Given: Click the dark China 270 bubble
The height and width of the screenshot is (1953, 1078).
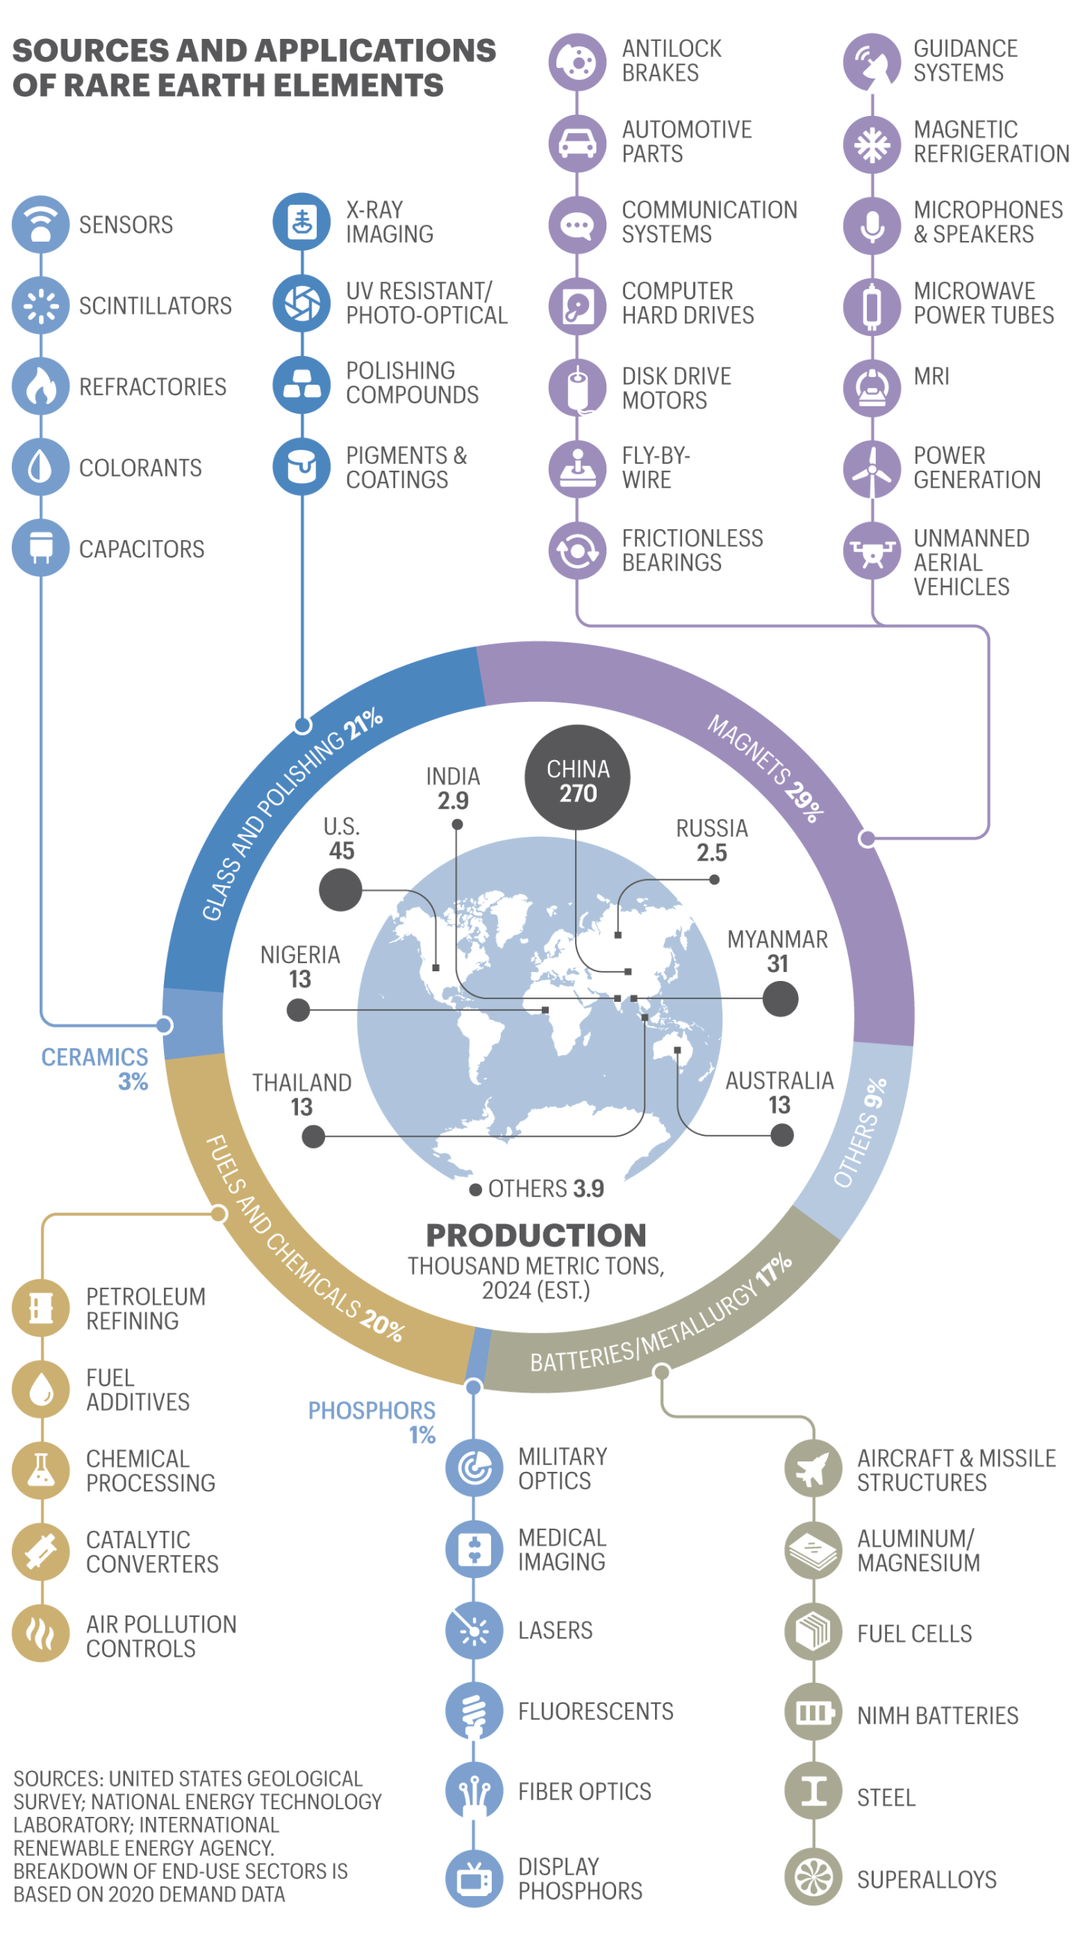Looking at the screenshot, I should click(577, 777).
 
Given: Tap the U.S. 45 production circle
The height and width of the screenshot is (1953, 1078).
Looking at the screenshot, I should click(340, 890).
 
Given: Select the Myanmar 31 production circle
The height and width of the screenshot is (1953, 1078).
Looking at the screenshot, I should click(780, 998).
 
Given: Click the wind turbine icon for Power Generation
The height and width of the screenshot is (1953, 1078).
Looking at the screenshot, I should click(872, 468).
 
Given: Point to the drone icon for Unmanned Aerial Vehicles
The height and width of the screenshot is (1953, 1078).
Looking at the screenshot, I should click(872, 551).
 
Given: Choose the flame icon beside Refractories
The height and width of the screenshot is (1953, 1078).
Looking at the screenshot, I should click(41, 386).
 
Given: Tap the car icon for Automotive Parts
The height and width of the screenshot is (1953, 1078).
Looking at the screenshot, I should click(577, 142).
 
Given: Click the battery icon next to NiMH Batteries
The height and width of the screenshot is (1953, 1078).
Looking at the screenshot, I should click(813, 1712).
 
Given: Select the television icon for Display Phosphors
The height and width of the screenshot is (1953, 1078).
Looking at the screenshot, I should click(474, 1878).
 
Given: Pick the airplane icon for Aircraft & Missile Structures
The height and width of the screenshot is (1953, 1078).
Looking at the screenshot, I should click(813, 1469).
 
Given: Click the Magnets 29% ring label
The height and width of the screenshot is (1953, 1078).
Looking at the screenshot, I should click(767, 768).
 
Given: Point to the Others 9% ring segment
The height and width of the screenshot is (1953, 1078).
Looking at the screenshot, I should click(860, 1133).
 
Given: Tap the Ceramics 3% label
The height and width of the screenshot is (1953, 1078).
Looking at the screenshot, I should click(96, 1069).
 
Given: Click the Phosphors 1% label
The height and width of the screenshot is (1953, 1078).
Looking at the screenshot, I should click(372, 1422).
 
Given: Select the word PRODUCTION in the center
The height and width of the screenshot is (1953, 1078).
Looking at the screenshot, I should click(535, 1235).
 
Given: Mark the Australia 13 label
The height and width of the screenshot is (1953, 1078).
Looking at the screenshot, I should click(779, 1092).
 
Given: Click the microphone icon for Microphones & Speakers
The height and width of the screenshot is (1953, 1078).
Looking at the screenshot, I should click(872, 224).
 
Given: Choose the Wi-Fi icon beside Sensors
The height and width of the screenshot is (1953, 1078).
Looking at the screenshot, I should click(41, 224).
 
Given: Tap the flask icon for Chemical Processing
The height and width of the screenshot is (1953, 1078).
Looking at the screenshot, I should click(41, 1470).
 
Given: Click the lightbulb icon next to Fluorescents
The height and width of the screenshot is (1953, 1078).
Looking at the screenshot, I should click(474, 1711).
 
